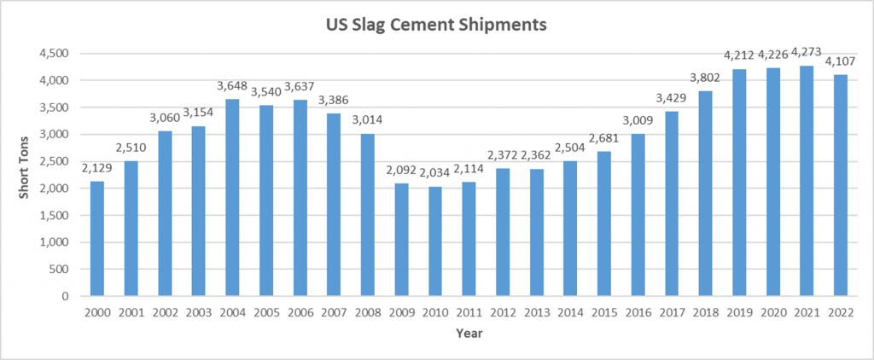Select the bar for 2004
(232, 198)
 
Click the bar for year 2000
(96, 239)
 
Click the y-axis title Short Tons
(26, 174)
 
